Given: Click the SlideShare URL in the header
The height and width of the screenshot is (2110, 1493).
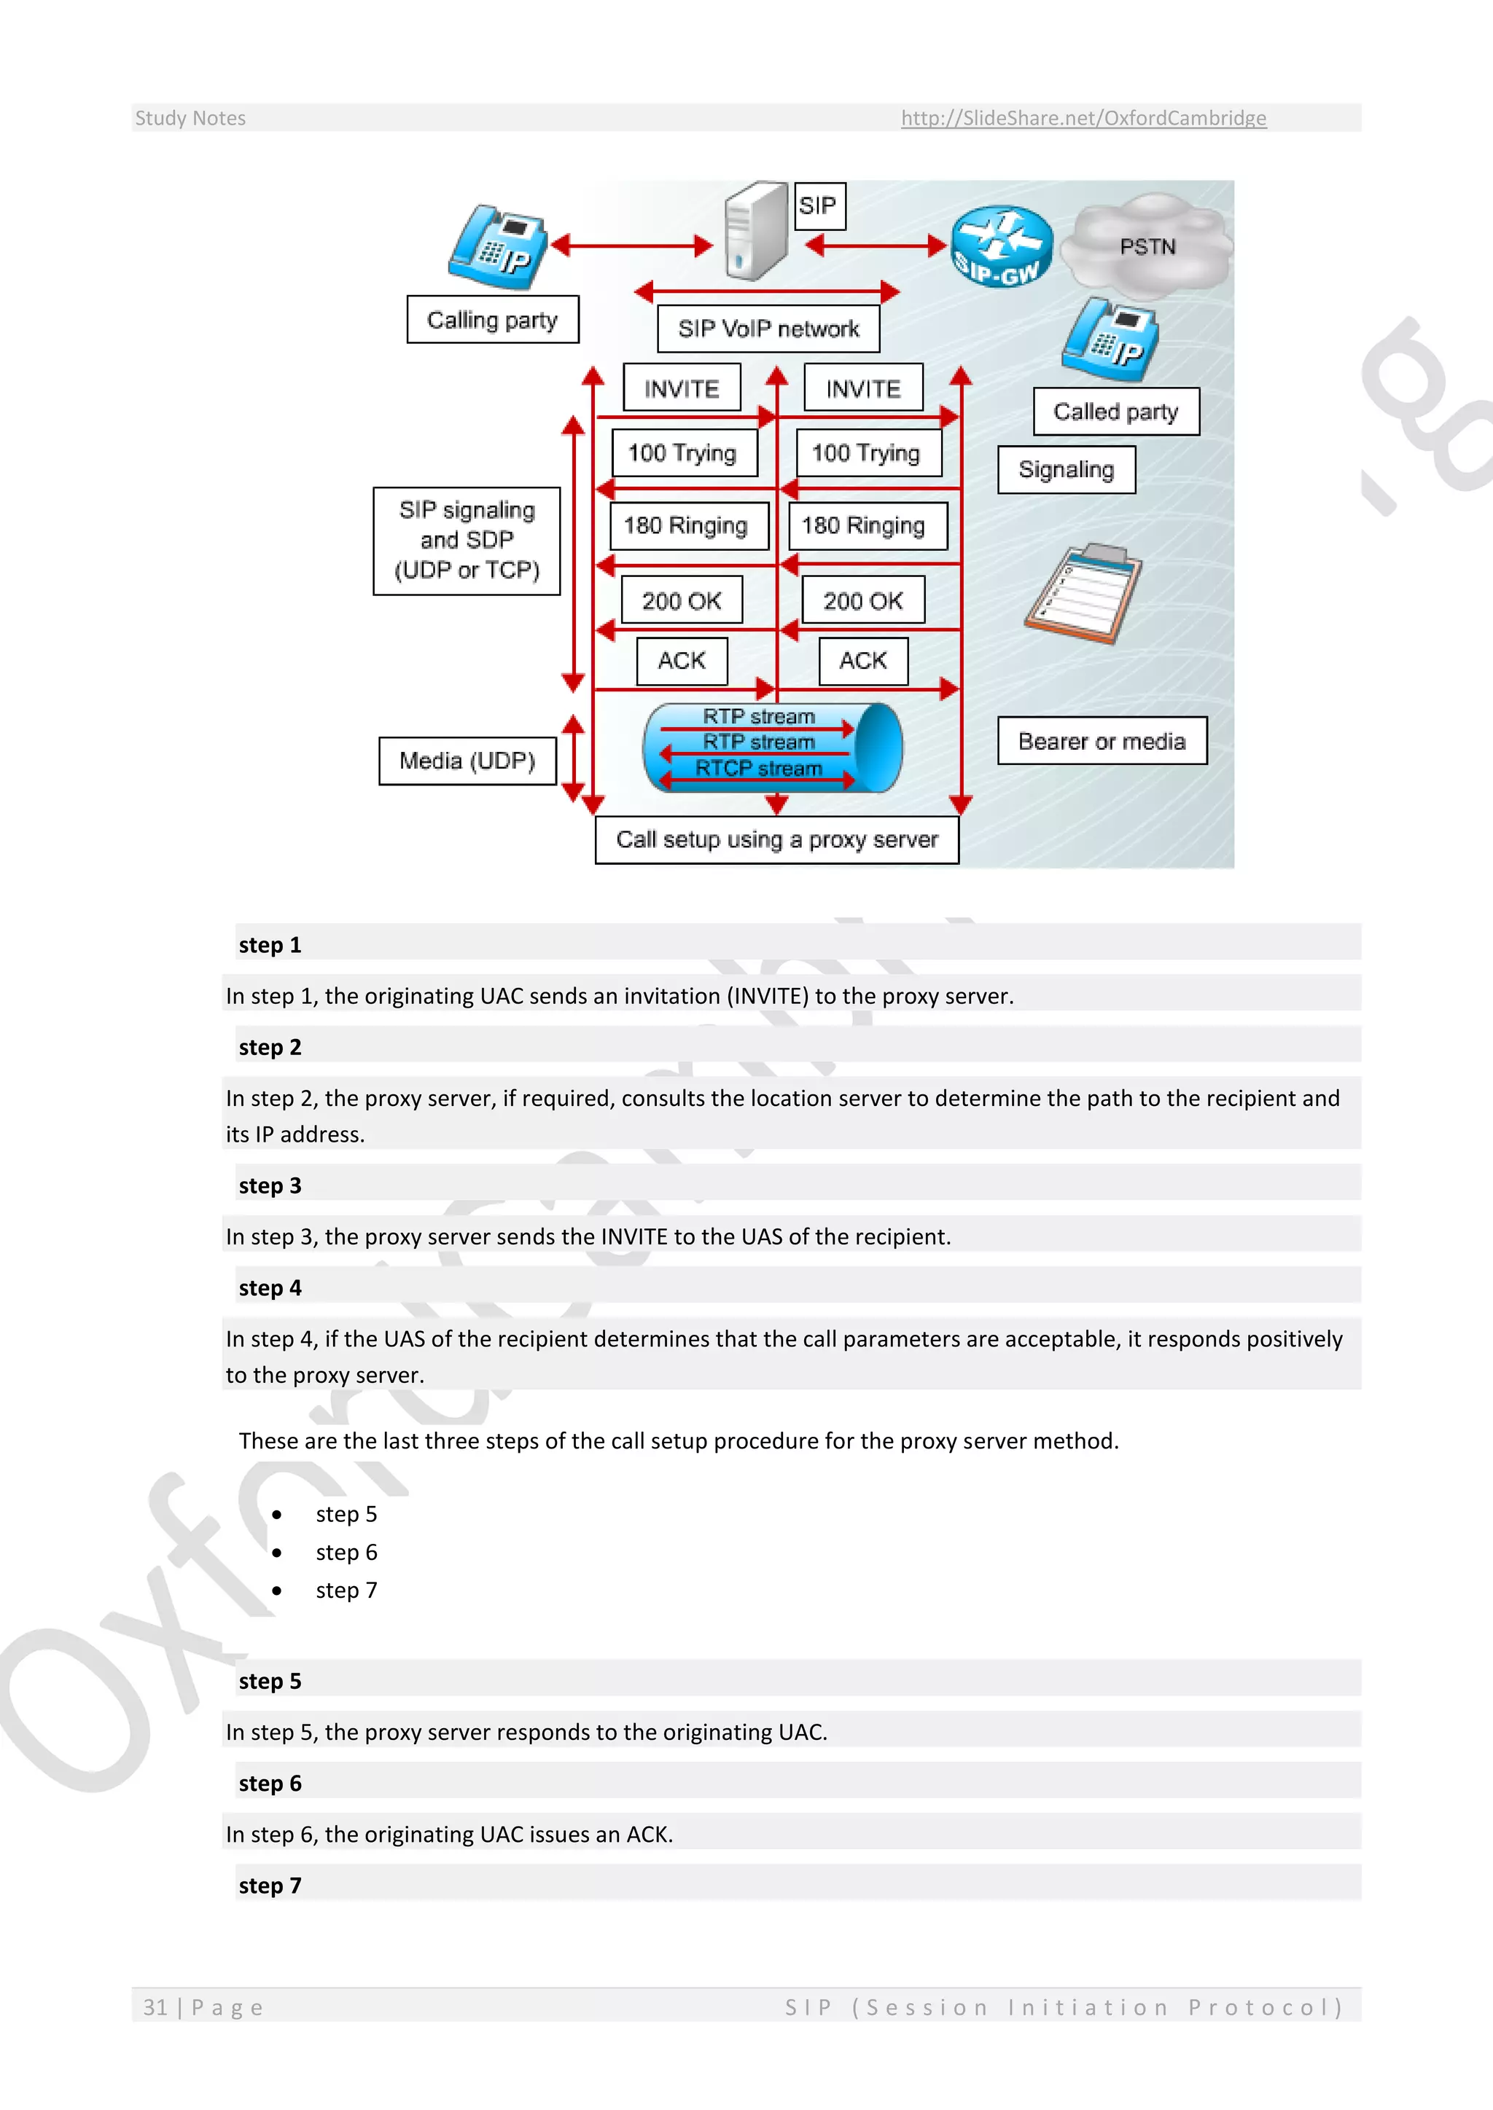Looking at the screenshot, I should (1083, 117).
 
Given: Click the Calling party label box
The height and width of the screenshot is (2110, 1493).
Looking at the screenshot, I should (493, 320).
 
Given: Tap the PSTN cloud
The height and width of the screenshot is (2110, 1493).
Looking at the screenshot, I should (1147, 246).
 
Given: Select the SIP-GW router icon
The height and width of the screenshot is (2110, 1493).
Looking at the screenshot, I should (1000, 246).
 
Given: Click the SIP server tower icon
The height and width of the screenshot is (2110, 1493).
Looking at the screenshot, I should (756, 232).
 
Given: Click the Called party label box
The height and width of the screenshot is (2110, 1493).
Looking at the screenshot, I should (1115, 412).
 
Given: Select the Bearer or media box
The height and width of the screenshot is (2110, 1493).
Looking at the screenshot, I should (1102, 741).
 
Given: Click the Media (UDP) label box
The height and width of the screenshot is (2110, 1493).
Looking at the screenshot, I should (467, 761).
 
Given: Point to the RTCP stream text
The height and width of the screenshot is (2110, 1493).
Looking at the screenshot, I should (758, 768).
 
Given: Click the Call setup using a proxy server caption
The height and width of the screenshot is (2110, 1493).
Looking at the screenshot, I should (777, 840).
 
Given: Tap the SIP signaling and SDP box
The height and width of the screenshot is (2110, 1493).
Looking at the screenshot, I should (467, 541).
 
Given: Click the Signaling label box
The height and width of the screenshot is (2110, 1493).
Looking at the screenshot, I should (1067, 470).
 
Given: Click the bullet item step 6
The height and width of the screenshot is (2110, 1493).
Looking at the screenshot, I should (346, 1552).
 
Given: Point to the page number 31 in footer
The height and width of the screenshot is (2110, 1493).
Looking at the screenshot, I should (155, 2007).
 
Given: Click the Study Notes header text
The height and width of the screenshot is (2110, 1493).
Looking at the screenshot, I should (190, 117).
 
